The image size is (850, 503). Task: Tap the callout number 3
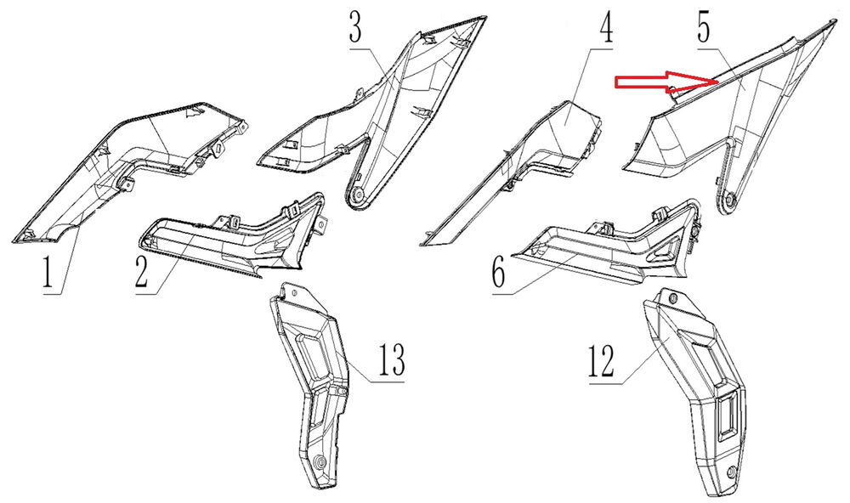(355, 28)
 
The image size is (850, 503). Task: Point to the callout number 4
(606, 28)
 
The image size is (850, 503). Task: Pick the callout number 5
(704, 28)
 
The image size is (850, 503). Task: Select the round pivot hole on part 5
(728, 201)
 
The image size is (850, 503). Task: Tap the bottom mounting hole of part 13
(320, 462)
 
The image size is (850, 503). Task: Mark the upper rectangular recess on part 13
(311, 353)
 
